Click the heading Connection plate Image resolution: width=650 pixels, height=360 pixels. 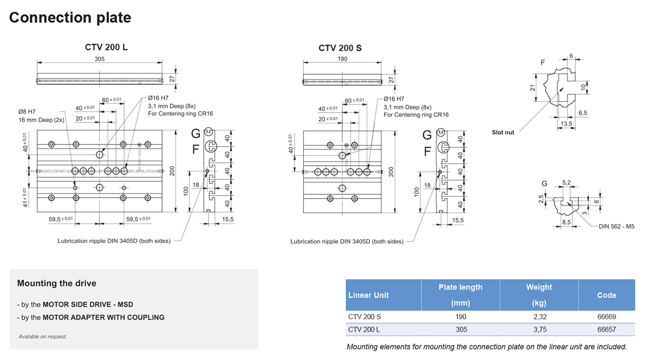pos(70,18)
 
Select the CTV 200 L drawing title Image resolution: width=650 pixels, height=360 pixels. pos(106,48)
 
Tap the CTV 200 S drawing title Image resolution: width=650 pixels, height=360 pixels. pos(340,48)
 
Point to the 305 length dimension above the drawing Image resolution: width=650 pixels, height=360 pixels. pos(99,59)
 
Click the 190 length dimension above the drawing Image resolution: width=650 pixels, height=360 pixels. pos(342,59)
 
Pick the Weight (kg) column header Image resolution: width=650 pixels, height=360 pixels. pos(538,295)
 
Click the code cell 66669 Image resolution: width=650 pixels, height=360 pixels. pos(606,317)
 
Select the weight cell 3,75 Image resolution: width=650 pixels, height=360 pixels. pos(538,329)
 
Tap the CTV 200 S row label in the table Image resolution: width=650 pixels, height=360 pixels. pos(365,317)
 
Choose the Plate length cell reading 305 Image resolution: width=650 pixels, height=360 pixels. pos(460,329)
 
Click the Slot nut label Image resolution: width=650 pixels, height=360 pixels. pos(503,132)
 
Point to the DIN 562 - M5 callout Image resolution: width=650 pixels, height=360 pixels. pos(616,226)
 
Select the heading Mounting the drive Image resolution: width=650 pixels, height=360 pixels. pos(57,283)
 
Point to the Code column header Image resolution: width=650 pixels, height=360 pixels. pos(606,295)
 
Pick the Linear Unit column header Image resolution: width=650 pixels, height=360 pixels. pos(368,295)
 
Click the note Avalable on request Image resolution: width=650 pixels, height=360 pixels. pos(43,336)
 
